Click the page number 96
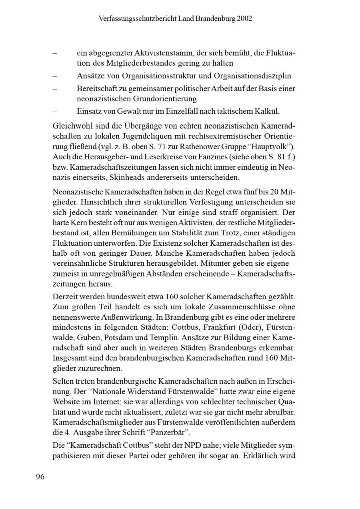(x=40, y=477)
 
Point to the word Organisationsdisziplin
(x=252, y=76)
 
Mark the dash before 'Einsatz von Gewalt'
(x=55, y=111)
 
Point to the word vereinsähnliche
(x=76, y=263)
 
